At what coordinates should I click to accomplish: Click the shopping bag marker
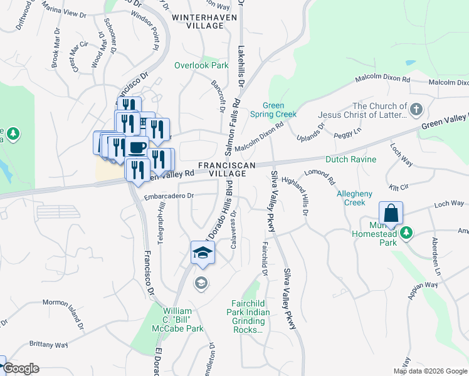(391, 213)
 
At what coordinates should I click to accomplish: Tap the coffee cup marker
(137, 149)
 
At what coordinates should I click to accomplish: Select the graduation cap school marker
(203, 253)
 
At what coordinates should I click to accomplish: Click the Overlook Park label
(201, 65)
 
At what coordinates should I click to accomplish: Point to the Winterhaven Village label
(205, 18)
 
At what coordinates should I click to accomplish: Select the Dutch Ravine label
(351, 159)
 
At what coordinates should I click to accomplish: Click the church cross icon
(416, 110)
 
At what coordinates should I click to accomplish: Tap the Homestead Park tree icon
(406, 233)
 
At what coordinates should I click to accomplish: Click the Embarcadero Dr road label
(169, 196)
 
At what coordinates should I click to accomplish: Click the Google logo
(21, 368)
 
